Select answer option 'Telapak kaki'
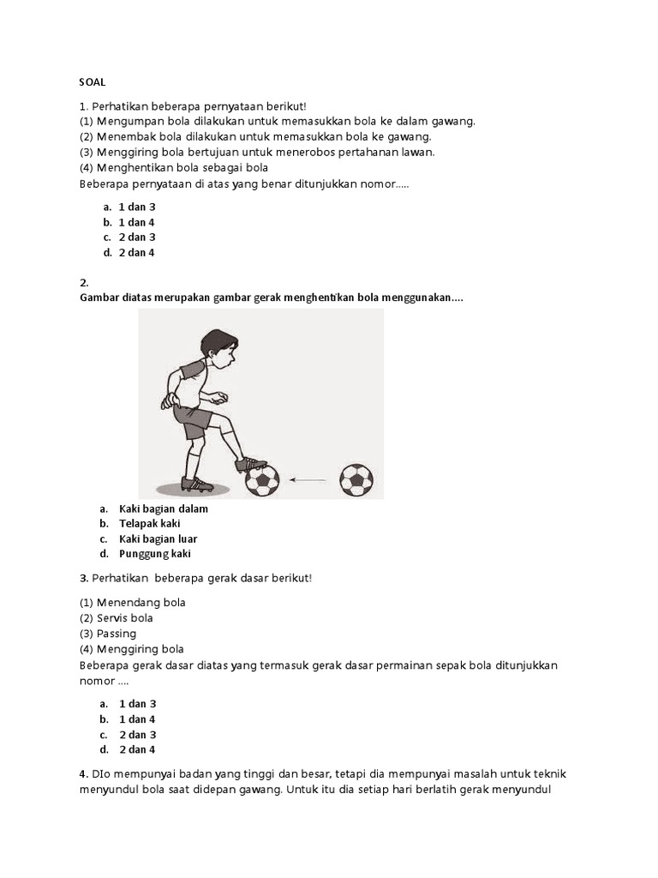149,523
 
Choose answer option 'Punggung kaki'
154,554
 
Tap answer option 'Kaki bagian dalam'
163,508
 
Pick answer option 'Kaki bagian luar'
158,538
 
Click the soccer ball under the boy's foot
262,480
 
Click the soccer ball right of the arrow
356,480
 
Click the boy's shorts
194,420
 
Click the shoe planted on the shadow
197,484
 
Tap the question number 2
84,282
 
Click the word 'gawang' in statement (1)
454,121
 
